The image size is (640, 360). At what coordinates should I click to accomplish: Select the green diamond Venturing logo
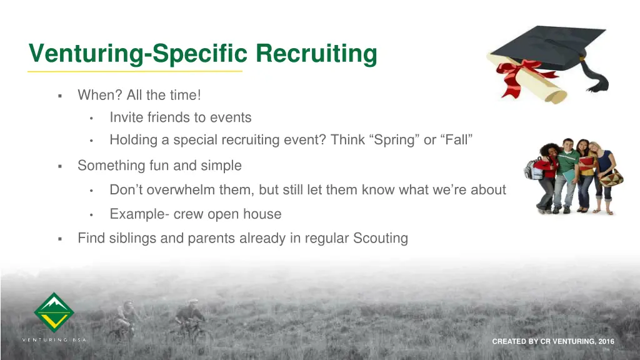[54, 312]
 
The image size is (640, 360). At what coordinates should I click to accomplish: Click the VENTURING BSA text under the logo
[54, 340]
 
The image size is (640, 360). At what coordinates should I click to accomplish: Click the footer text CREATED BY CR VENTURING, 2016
[553, 341]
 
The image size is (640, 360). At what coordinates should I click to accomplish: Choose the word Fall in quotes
[457, 140]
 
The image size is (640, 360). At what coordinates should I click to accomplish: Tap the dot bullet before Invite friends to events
[91, 118]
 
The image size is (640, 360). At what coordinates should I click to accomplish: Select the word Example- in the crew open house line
[139, 214]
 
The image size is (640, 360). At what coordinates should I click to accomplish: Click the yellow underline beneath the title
[134, 71]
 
